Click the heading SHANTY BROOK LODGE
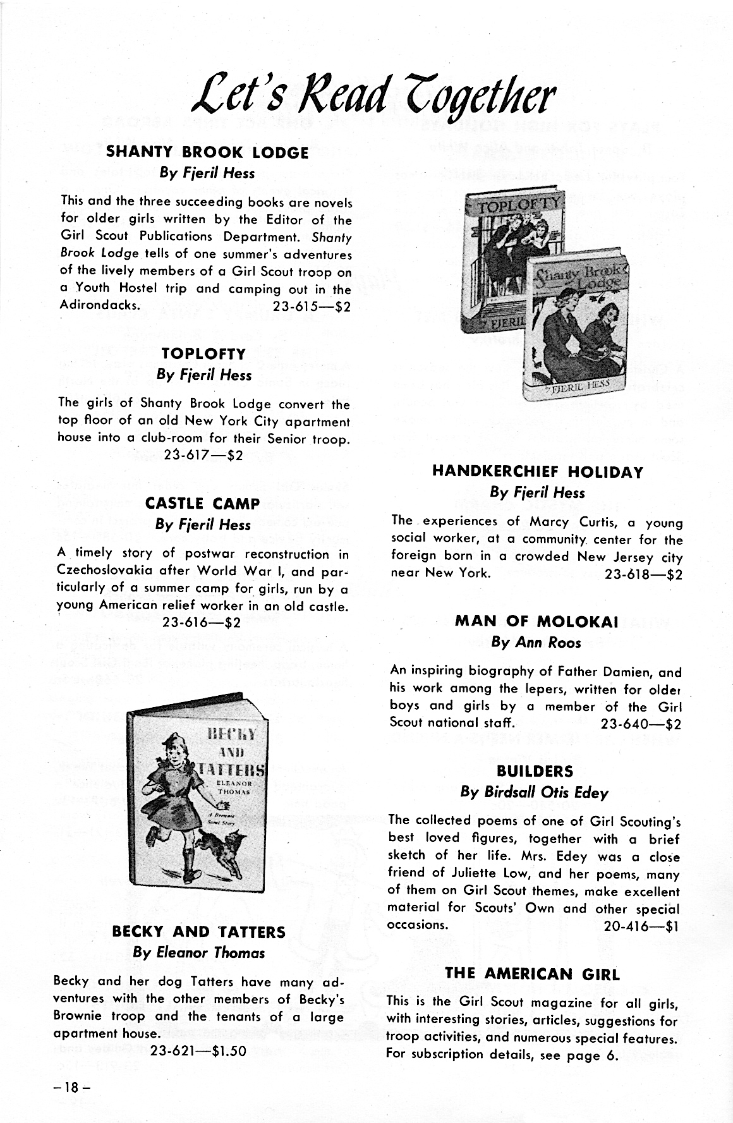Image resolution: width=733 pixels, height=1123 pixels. [207, 152]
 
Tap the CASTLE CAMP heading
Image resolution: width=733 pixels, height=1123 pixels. [202, 504]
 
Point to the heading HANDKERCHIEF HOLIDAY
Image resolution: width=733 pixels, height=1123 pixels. [537, 472]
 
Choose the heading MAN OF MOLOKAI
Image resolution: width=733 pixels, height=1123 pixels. [536, 621]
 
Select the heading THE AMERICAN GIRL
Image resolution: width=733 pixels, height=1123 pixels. [532, 974]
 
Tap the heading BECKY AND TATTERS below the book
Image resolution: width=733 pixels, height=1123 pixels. [198, 932]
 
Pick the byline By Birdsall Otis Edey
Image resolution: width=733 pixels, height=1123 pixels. [535, 792]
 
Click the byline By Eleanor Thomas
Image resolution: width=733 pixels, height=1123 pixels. [198, 953]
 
